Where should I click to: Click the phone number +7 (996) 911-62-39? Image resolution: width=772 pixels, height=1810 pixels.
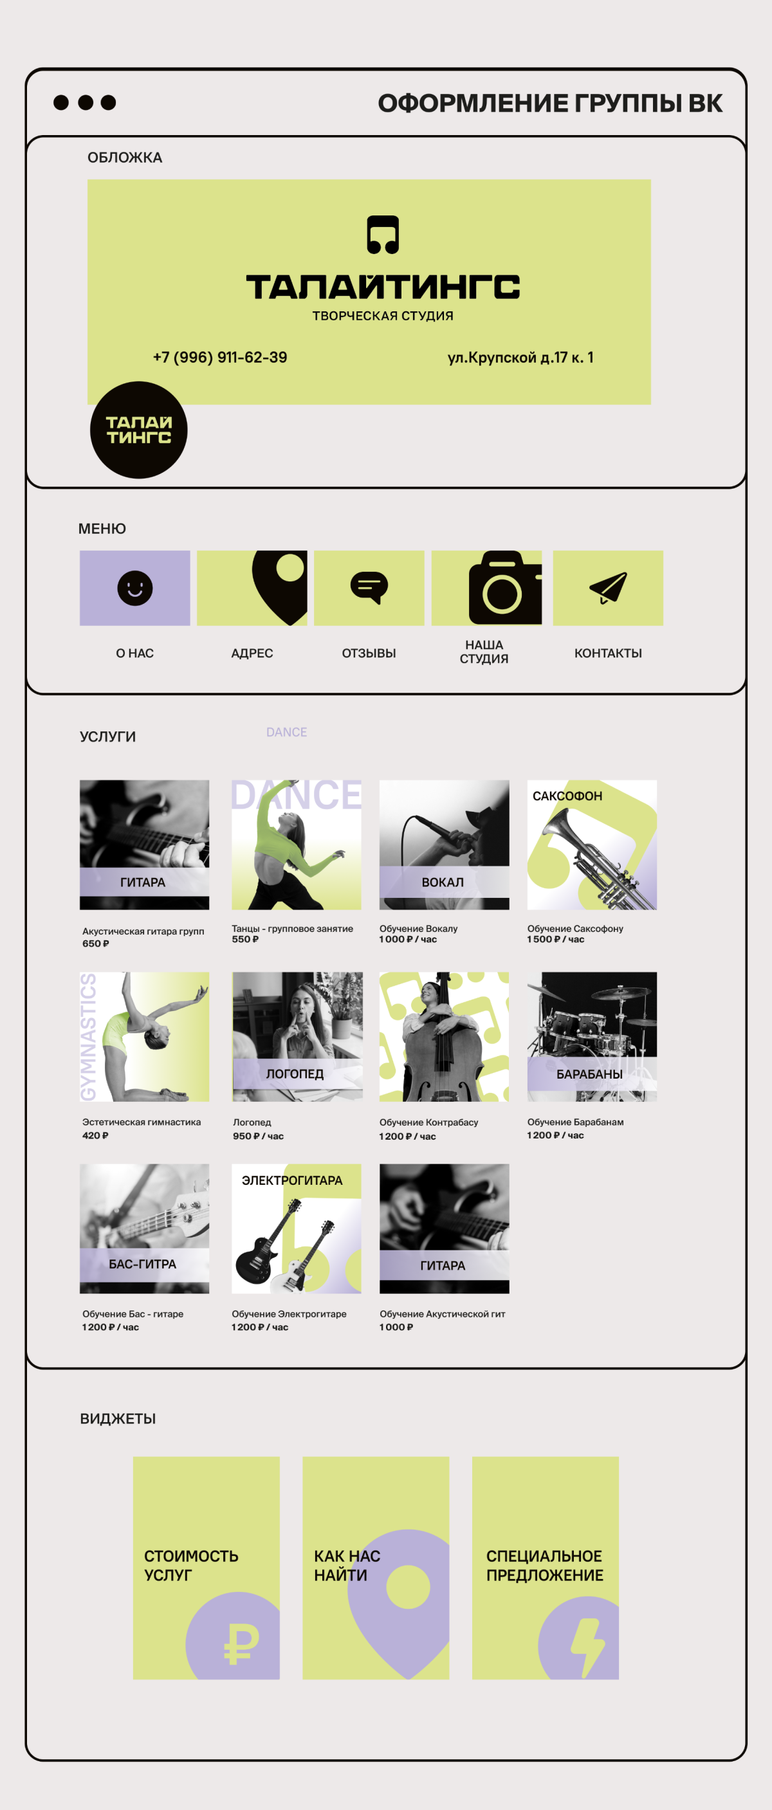(220, 357)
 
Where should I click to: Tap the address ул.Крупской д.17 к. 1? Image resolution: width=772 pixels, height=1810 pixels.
(520, 357)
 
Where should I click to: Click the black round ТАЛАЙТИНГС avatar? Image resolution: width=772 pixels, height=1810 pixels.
(138, 430)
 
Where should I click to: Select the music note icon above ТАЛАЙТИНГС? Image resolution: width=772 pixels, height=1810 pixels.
(383, 235)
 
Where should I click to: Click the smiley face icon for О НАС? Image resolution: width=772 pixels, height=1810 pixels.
(135, 588)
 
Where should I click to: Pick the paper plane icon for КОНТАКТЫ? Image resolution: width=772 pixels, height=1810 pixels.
(609, 587)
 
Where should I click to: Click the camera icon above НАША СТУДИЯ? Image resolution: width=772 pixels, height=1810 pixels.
(505, 588)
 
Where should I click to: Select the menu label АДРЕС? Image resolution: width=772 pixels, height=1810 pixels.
(252, 654)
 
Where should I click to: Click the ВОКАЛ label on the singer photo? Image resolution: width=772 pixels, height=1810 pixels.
(443, 882)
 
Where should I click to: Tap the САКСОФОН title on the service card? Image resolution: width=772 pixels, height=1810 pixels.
(567, 796)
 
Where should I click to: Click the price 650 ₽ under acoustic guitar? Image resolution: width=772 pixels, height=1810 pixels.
(95, 944)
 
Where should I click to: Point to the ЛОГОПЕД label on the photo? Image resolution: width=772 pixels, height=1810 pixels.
(295, 1074)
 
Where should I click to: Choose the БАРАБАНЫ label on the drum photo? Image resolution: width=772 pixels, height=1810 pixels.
(589, 1074)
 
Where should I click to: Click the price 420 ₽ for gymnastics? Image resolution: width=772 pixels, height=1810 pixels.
(95, 1135)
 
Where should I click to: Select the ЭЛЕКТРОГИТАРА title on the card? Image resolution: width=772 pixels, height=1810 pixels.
(292, 1180)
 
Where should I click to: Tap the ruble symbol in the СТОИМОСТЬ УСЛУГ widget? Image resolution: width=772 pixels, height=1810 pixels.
(241, 1643)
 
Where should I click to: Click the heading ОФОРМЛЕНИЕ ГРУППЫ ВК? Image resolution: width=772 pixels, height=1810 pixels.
(550, 104)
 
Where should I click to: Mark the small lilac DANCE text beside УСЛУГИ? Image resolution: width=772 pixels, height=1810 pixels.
(286, 732)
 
